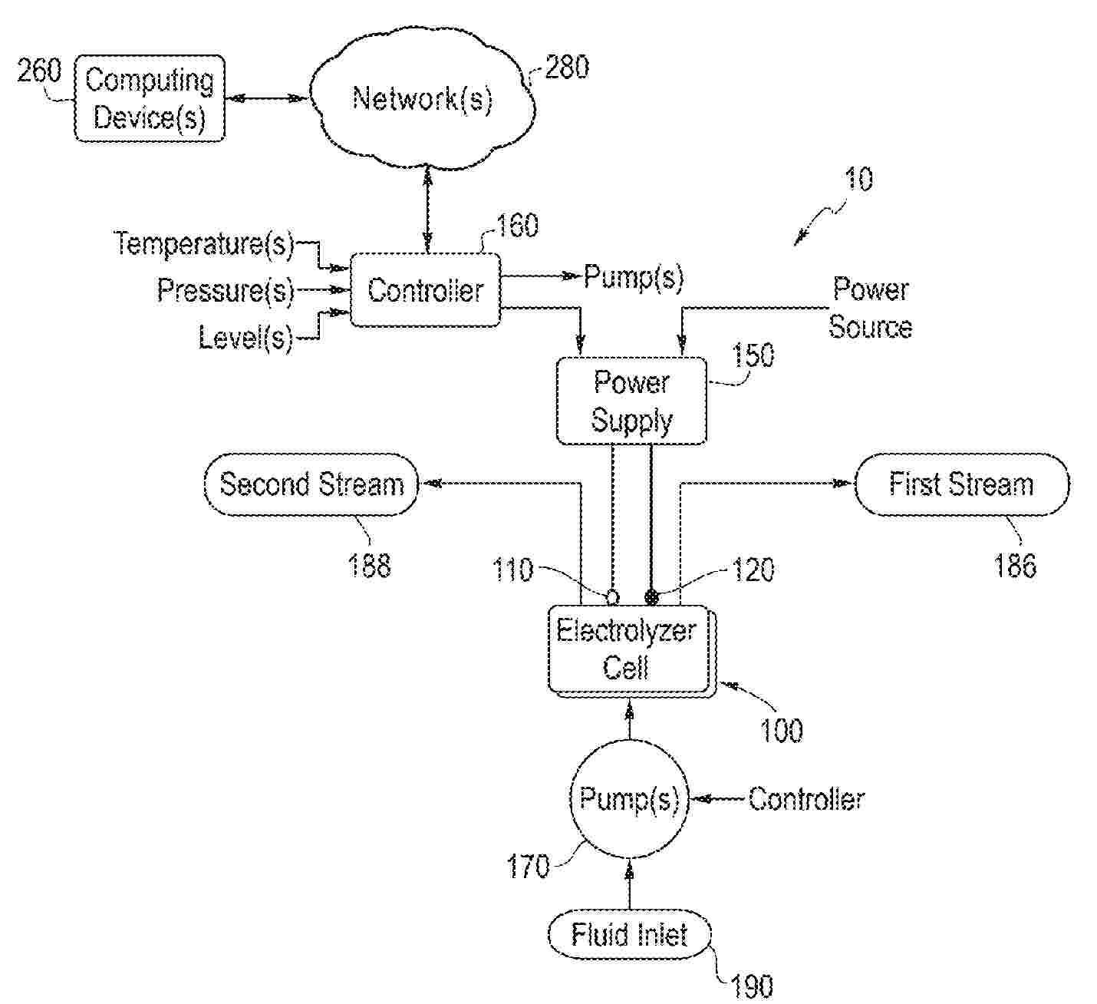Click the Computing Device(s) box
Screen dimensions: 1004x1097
pos(150,98)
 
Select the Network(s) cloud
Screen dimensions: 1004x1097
pos(422,98)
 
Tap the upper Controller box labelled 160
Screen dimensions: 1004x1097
pos(425,290)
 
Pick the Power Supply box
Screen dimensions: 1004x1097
pos(631,401)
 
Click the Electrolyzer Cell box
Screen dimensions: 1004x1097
pos(627,649)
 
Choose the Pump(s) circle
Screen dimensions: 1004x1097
pos(629,799)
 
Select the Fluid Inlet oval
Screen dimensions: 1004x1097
pos(629,935)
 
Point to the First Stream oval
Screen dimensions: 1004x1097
pos(961,484)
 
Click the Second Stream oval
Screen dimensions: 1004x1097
pos(311,484)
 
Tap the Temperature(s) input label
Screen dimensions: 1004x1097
pos(204,244)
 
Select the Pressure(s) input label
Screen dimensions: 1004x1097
pos(226,290)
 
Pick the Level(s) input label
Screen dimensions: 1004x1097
pos(245,337)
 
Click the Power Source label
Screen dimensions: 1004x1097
pos(871,308)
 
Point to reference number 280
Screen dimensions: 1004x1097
pos(567,68)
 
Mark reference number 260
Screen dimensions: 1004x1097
pos(39,71)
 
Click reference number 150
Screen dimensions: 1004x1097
pos(753,355)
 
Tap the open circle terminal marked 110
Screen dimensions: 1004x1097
pos(612,596)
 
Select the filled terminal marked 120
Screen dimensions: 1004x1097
pos(651,596)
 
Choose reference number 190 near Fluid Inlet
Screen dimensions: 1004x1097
pos(753,986)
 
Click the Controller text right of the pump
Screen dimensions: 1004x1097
pos(806,799)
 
